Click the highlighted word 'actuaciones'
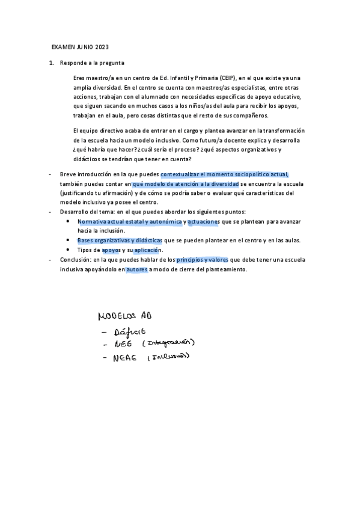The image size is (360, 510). pyautogui.click(x=204, y=221)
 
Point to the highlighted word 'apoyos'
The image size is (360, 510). pyautogui.click(x=111, y=250)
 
